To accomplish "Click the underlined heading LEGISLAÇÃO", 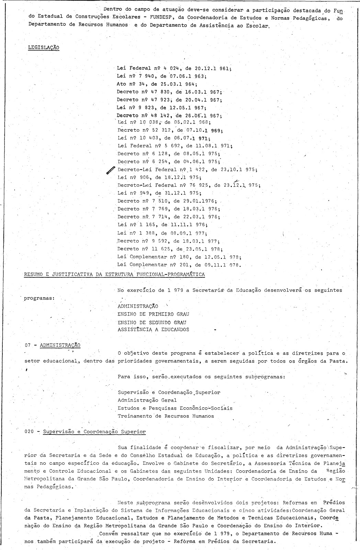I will coord(43,47).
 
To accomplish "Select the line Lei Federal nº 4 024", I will coord(174,68).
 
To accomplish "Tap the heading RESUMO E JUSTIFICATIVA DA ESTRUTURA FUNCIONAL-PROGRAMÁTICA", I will coord(114,274).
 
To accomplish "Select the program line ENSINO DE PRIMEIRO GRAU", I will coord(153,314).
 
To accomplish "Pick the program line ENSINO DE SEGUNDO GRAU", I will coord(151,322).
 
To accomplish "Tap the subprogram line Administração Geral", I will coord(147,400).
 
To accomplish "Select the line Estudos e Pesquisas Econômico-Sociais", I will coord(175,408).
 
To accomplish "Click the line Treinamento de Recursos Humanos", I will coord(166,416).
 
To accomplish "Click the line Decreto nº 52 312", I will coord(170,130).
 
